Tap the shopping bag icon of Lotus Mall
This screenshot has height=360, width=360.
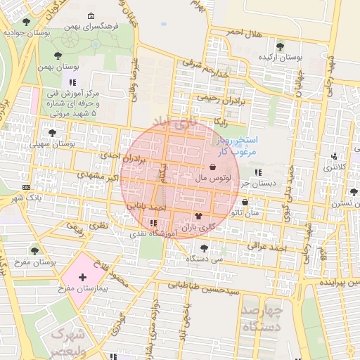[x=212, y=167]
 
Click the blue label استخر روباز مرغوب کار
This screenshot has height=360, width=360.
[x=236, y=146]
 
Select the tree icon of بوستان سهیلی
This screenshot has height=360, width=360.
[x=52, y=132]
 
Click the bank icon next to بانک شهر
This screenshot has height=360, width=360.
[x=27, y=187]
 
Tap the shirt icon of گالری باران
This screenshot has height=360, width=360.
[x=198, y=216]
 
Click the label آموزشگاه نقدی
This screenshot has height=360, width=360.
[x=147, y=233]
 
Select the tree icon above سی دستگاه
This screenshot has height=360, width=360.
[x=203, y=247]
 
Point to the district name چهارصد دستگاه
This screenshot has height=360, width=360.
[x=261, y=318]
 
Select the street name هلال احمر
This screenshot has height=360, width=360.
[x=245, y=33]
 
